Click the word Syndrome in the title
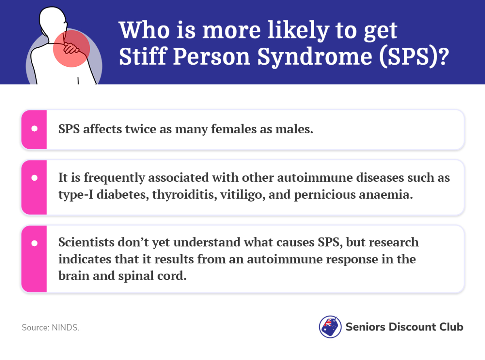click(x=314, y=57)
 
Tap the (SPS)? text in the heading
click(x=414, y=57)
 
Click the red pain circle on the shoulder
click(x=72, y=48)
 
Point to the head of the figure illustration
click(x=53, y=20)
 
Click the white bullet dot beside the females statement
click(x=34, y=128)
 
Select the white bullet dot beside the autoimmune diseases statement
click(x=34, y=178)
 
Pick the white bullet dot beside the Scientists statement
click(x=34, y=243)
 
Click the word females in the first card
click(x=234, y=129)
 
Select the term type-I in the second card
click(x=76, y=194)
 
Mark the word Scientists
click(x=86, y=242)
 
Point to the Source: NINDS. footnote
click(x=50, y=328)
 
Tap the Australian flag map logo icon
click(x=330, y=327)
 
